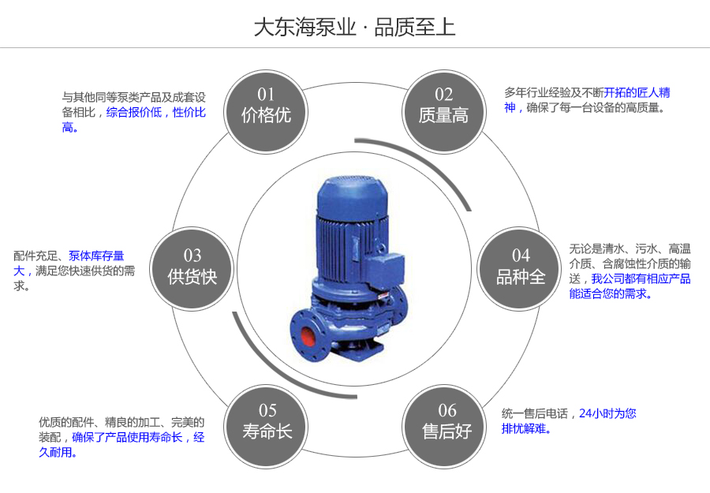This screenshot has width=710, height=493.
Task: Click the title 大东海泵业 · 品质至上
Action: pyautogui.click(x=354, y=28)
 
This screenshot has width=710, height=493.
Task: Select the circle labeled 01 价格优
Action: pyautogui.click(x=267, y=106)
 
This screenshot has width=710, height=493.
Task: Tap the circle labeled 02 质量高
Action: pyautogui.click(x=443, y=106)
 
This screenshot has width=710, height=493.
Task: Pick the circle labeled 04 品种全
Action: pyautogui.click(x=521, y=267)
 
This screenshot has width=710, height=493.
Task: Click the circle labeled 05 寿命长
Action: pyautogui.click(x=267, y=421)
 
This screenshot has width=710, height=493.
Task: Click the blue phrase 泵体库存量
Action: pyautogui.click(x=96, y=256)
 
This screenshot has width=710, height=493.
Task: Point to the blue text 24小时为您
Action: pyautogui.click(x=607, y=413)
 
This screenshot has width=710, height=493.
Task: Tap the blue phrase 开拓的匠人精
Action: pyautogui.click(x=637, y=92)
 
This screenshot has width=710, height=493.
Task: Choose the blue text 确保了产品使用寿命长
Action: pyautogui.click(x=128, y=437)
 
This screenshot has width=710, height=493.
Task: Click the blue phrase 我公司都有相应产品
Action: pyautogui.click(x=641, y=278)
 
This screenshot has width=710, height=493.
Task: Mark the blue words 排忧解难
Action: pyautogui.click(x=526, y=429)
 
